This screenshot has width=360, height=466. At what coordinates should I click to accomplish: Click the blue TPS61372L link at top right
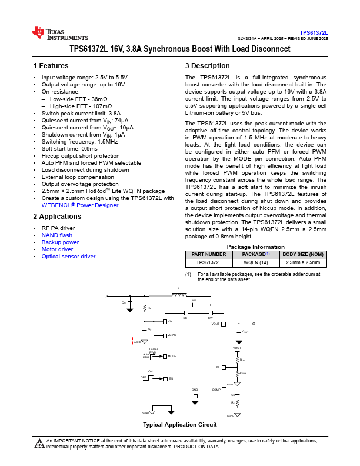[x=314, y=33]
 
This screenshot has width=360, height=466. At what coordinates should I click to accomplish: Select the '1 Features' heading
[x=51, y=66]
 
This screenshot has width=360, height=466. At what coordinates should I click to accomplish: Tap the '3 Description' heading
[x=207, y=66]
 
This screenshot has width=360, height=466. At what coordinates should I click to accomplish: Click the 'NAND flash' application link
[x=57, y=235]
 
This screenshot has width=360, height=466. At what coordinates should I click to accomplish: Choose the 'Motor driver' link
[x=57, y=249]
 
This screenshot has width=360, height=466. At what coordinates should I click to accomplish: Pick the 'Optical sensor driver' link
[x=68, y=257]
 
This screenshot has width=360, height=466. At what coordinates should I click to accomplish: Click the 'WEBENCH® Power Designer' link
[x=80, y=205]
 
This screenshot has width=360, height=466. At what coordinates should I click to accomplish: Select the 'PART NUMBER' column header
[x=205, y=255]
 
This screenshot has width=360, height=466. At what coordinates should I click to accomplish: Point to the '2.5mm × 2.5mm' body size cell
[x=303, y=262]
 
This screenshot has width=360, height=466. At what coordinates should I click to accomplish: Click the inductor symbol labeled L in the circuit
[x=178, y=294]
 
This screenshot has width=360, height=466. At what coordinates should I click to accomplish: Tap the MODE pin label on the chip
[x=172, y=356]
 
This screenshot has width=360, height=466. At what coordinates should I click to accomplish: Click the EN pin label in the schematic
[x=171, y=379]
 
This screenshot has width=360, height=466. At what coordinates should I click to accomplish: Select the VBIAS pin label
[x=172, y=335]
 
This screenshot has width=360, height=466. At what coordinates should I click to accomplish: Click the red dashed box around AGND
[x=142, y=341]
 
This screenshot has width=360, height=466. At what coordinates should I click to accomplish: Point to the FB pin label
[x=217, y=367]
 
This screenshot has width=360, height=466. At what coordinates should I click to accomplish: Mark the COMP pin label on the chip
[x=216, y=390]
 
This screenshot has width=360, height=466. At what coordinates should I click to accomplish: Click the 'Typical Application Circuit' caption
[x=180, y=425]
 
